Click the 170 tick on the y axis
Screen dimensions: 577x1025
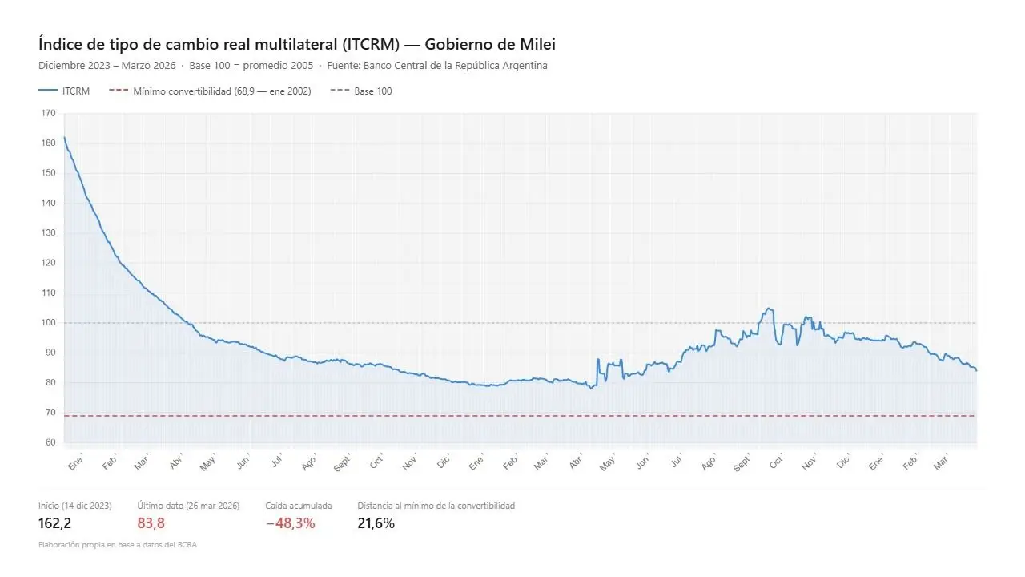[x=49, y=113]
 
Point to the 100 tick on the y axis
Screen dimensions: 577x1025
[x=49, y=322]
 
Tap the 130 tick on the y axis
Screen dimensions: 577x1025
[x=49, y=232]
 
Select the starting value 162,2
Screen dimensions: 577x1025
[x=54, y=523]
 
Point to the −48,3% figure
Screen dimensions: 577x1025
[x=290, y=523]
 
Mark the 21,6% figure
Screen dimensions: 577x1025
[x=376, y=523]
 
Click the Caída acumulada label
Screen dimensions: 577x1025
[x=298, y=506]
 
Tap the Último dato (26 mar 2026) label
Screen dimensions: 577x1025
[x=188, y=506]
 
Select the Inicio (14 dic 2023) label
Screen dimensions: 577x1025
[x=74, y=506]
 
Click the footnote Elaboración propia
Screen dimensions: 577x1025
[x=117, y=545]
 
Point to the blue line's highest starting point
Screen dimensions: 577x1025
[x=64, y=137]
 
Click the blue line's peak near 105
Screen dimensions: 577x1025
[x=769, y=309]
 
